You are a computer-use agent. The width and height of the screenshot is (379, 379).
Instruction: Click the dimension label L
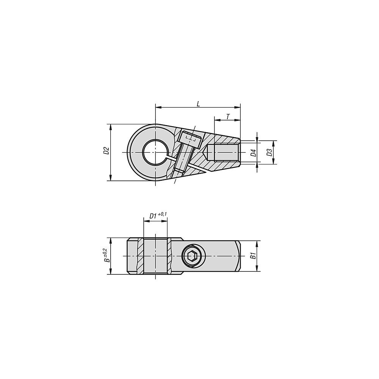click(x=198, y=104)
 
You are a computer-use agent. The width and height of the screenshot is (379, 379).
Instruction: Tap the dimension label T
click(x=228, y=117)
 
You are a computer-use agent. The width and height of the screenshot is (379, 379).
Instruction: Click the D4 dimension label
click(x=253, y=153)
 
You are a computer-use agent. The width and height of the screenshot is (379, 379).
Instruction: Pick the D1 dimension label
click(x=153, y=216)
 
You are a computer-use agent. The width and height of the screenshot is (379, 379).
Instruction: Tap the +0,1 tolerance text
click(x=163, y=214)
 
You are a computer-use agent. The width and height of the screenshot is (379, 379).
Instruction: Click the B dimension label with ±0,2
click(x=106, y=255)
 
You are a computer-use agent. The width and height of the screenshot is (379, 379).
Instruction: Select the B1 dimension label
click(x=253, y=255)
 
